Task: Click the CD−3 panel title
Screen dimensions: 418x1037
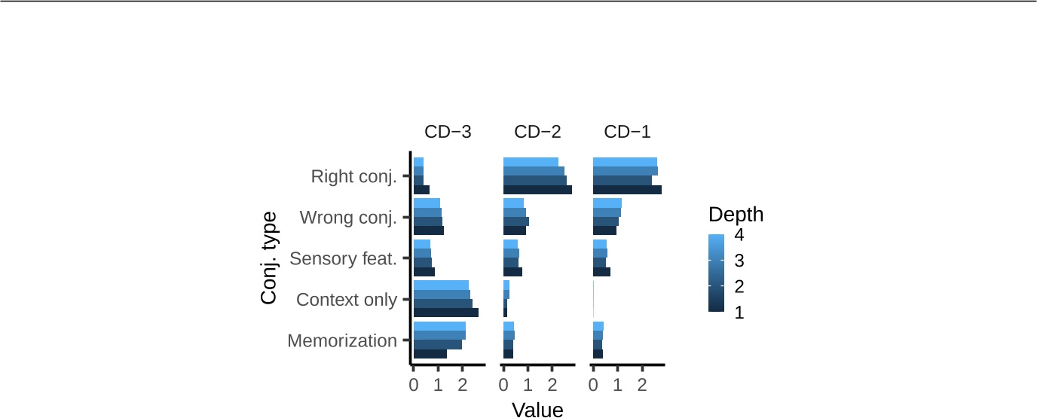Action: coord(448,132)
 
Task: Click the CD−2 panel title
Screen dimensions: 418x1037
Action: coord(537,132)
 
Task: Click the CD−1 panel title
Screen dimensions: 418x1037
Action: coord(627,132)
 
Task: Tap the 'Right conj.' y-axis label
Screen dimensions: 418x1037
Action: coord(353,177)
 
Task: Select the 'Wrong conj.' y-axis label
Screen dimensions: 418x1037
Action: coord(348,218)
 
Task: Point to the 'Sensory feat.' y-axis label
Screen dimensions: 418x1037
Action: coord(343,258)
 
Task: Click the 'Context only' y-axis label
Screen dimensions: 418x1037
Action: coord(347,300)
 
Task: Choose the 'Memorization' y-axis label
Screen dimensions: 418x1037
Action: coord(342,340)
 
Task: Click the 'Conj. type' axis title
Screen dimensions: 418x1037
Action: coord(268,258)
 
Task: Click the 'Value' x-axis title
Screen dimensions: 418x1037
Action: coord(537,410)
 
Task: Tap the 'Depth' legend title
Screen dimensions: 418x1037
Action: coord(736,215)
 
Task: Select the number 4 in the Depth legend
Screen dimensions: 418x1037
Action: coord(739,235)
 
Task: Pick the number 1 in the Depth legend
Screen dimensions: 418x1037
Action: coord(739,312)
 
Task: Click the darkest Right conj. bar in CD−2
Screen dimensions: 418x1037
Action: coord(537,190)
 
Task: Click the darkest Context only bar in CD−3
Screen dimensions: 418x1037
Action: coord(445,313)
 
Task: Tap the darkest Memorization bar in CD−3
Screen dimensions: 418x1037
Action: coord(430,353)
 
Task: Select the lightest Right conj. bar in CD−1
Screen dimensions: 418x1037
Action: coord(625,162)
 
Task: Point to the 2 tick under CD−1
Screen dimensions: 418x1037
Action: coord(642,386)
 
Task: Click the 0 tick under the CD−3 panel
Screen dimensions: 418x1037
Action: coord(413,386)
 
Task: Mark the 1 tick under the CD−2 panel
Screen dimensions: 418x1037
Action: coord(528,386)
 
